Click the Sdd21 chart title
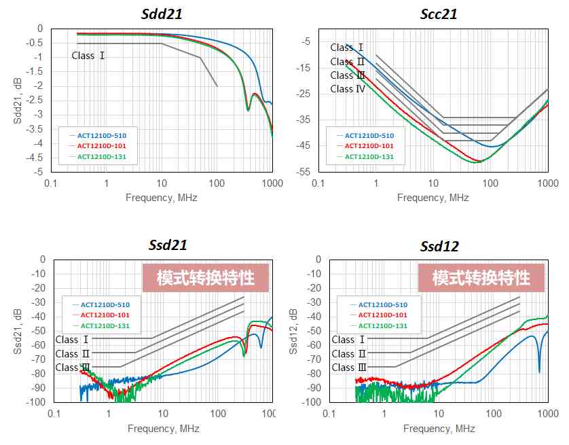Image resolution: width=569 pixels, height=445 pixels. (162, 14)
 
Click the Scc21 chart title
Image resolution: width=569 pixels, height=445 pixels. (439, 14)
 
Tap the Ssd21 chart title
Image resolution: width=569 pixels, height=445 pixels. (168, 245)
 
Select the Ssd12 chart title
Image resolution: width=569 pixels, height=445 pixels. (439, 246)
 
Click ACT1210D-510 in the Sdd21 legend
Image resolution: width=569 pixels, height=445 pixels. (102, 136)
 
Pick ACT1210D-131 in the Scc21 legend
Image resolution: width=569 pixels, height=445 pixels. (369, 157)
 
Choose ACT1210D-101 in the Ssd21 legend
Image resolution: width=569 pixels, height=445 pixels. (105, 315)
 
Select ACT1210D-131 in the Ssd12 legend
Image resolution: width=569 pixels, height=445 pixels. (383, 326)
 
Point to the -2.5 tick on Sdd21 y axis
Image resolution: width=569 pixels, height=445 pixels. (35, 100)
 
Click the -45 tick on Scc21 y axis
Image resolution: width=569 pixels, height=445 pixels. (304, 145)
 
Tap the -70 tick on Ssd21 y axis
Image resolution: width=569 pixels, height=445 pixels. (38, 359)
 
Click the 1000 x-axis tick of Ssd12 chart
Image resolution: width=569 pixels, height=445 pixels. (548, 414)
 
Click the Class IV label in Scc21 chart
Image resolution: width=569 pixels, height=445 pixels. (348, 89)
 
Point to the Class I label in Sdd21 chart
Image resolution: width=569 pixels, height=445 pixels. (88, 56)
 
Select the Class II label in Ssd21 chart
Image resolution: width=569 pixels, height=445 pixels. (72, 353)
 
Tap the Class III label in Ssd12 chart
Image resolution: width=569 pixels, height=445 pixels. (349, 368)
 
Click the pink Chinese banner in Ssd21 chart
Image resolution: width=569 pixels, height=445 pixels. (205, 278)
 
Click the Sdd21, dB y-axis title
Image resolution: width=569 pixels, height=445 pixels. (18, 101)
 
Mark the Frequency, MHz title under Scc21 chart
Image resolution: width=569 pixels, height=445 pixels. (433, 198)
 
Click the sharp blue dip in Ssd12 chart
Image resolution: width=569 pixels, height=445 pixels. (539, 371)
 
